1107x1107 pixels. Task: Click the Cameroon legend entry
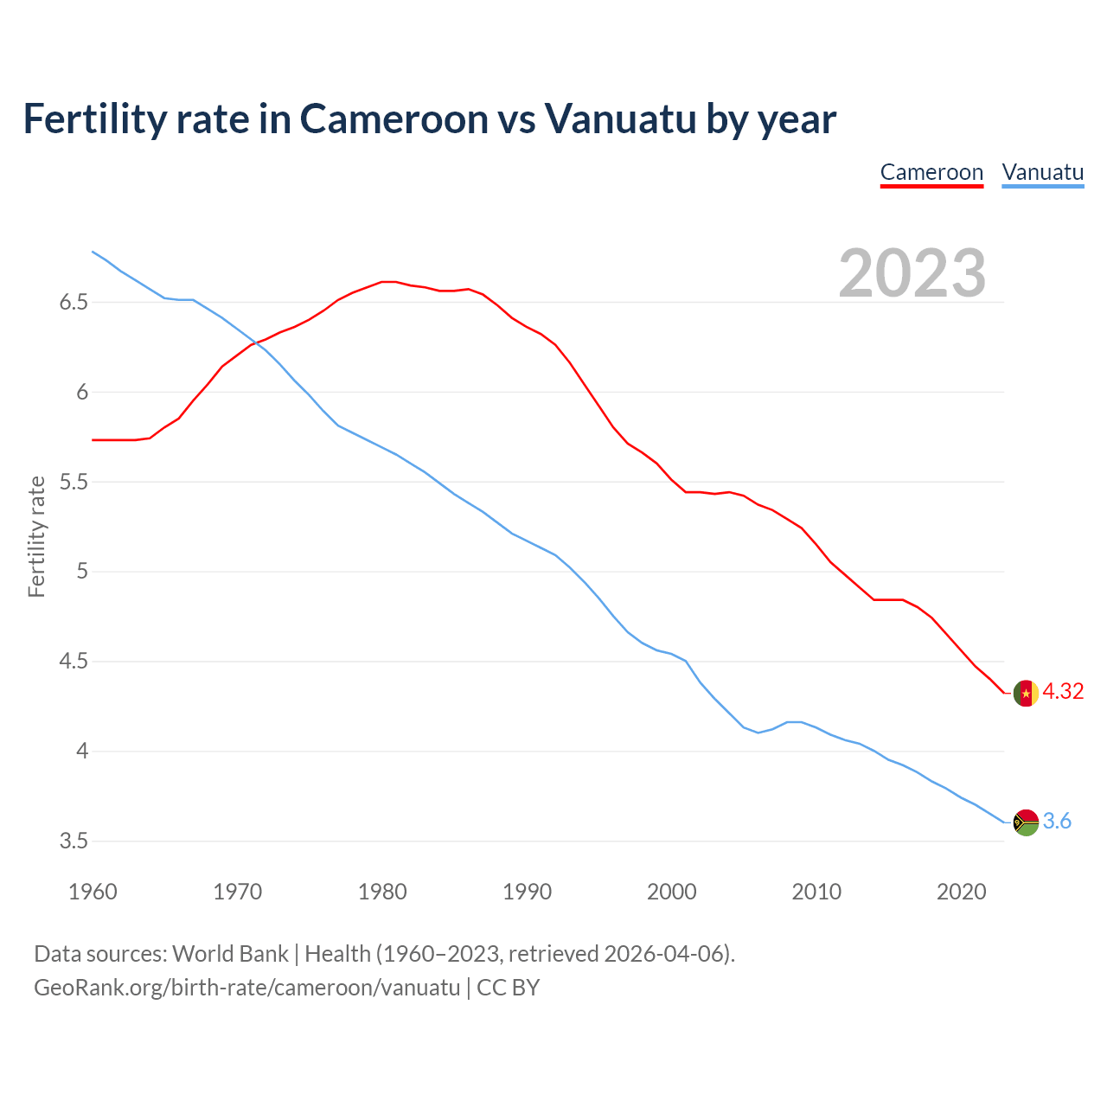931,172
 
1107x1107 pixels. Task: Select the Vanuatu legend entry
1042,172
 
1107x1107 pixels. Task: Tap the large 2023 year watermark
912,273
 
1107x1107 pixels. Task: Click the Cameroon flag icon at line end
1026,694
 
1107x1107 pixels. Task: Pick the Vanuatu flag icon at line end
1026,822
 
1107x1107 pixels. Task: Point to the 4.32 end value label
1063,691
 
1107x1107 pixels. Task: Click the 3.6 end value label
1057,821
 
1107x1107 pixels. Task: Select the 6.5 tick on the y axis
74,303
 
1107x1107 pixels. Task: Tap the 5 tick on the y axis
82,572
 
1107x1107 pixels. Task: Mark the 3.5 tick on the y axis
74,841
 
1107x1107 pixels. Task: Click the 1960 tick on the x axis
93,892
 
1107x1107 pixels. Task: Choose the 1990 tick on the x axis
527,892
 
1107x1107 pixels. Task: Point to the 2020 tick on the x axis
961,892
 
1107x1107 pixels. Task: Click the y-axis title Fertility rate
36,536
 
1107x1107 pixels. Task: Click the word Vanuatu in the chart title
620,119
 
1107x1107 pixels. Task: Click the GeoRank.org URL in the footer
246,987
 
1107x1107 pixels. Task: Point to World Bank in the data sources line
230,954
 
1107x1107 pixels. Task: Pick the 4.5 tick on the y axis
74,662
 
